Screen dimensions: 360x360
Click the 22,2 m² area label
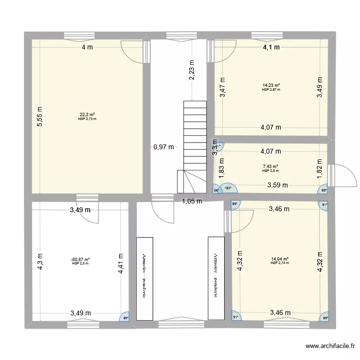(87, 115)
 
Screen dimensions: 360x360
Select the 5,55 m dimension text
(40, 117)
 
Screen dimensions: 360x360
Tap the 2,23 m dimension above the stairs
(192, 69)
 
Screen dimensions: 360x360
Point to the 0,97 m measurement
(164, 147)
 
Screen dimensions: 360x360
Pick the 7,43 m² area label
(271, 167)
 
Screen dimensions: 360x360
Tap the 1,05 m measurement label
(192, 201)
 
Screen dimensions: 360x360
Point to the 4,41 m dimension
(120, 264)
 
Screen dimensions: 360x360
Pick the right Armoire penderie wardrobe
(215, 277)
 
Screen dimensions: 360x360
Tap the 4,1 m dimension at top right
(271, 47)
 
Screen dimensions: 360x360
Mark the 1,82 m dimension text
(320, 169)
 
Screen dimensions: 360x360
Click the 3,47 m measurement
(222, 88)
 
